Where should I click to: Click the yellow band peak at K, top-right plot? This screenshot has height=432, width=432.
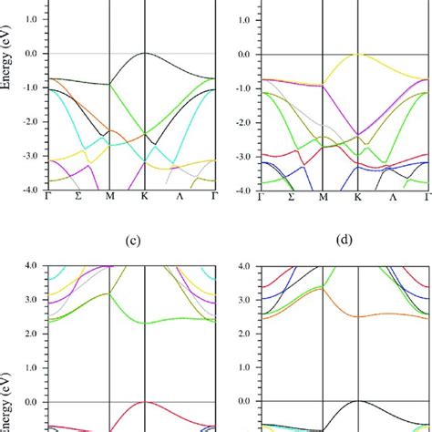358,54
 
